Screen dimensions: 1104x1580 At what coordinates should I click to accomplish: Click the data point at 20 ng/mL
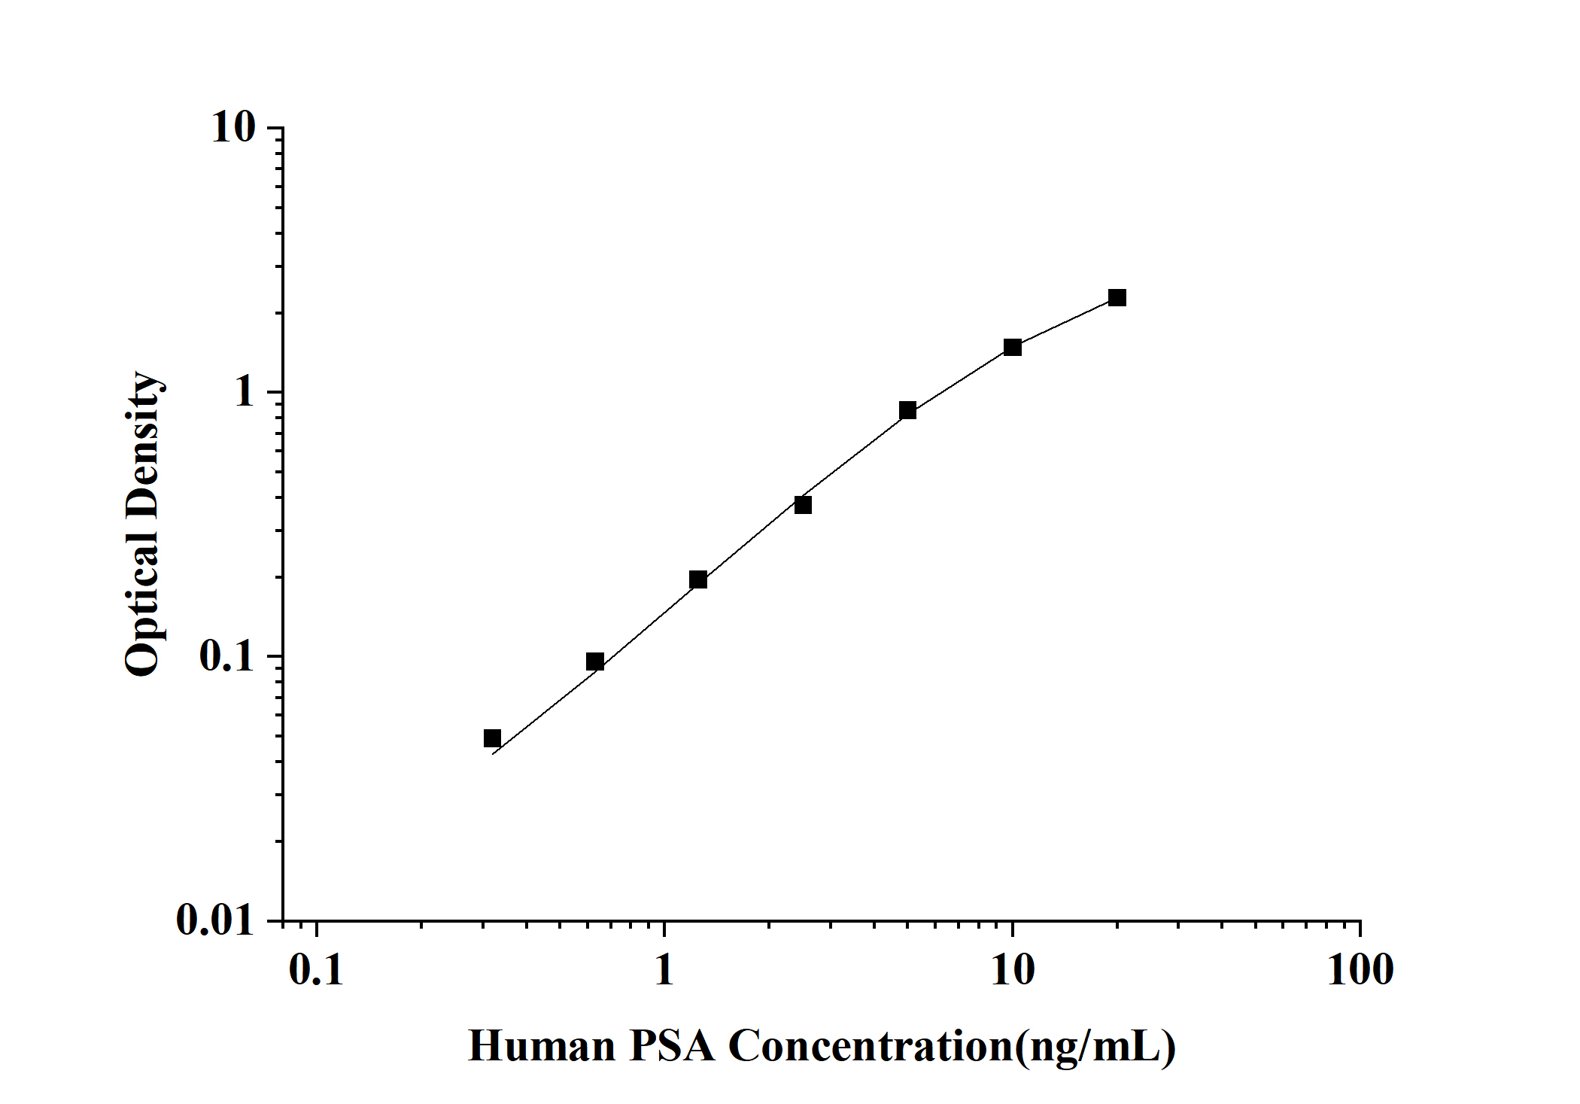(1117, 298)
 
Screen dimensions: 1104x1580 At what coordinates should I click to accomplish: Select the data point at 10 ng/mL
(1013, 347)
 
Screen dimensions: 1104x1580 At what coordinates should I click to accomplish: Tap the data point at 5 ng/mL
(907, 410)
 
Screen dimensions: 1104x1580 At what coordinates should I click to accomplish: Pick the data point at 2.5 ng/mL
(803, 505)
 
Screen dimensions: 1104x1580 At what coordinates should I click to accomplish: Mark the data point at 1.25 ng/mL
(698, 579)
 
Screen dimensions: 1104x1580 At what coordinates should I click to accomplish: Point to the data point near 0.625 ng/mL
(594, 661)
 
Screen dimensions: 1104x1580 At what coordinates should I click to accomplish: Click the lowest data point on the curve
(492, 738)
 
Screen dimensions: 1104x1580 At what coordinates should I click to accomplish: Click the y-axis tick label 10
(233, 128)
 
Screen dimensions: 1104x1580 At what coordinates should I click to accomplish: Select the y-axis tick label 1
(245, 392)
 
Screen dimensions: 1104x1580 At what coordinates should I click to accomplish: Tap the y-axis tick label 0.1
(227, 656)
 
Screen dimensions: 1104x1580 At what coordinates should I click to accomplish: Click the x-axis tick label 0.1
(316, 970)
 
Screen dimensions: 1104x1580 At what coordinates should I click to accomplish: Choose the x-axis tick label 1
(664, 970)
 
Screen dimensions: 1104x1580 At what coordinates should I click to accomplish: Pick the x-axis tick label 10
(1013, 970)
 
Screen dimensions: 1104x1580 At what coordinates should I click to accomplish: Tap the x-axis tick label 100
(1360, 970)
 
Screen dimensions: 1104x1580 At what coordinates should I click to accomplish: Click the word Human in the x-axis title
(542, 1046)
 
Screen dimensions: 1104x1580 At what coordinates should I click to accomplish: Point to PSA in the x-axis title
(673, 1046)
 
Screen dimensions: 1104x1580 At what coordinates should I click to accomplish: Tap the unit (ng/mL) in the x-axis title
(1095, 1046)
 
